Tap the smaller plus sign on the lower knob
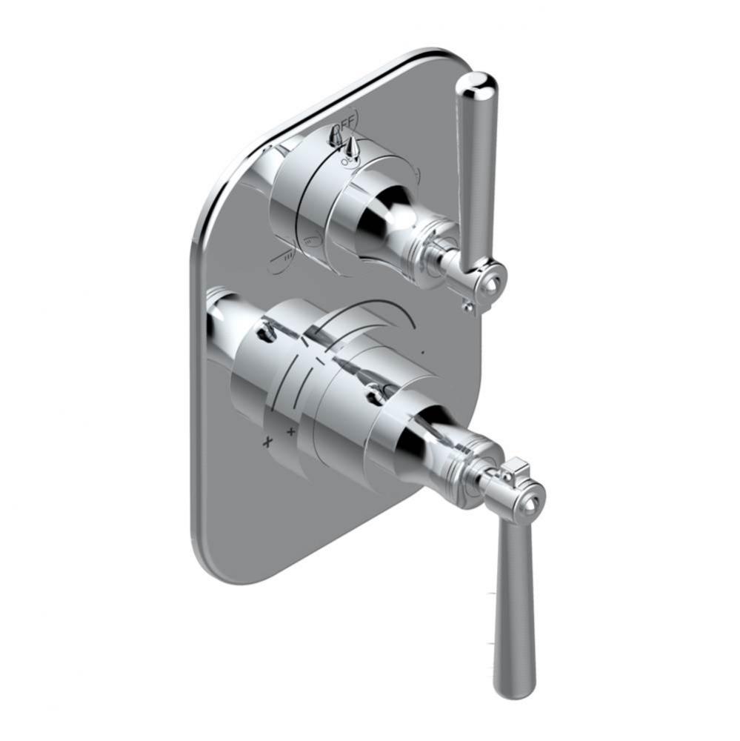pos(291,431)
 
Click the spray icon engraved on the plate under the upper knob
pos(284,257)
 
